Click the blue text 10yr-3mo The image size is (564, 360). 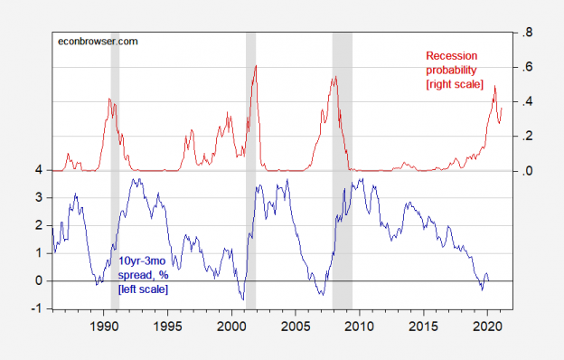pyautogui.click(x=143, y=262)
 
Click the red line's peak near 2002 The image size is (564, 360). pyautogui.click(x=256, y=65)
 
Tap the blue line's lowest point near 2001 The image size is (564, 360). pyautogui.click(x=242, y=299)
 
